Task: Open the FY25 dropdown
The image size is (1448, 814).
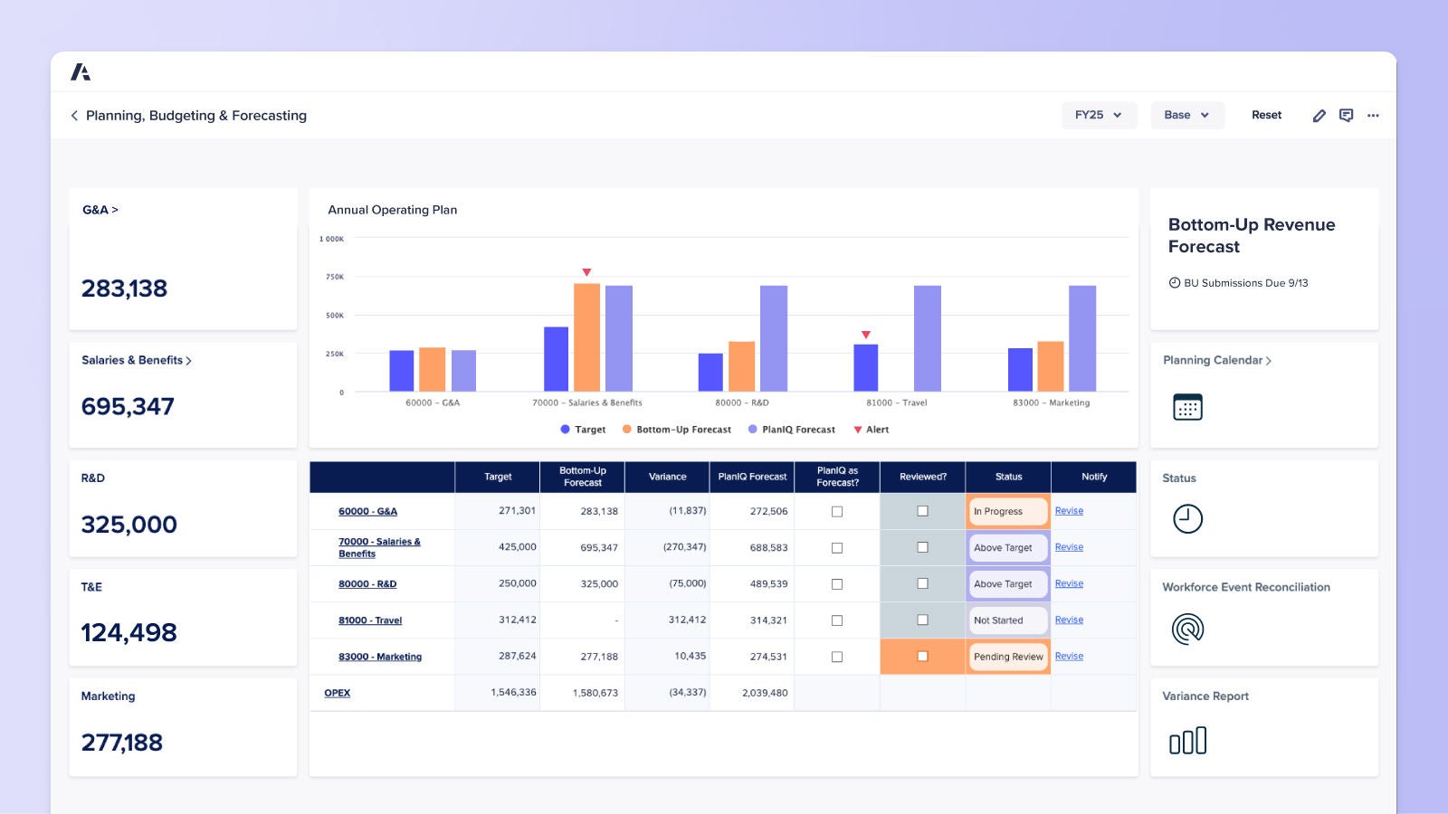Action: point(1098,115)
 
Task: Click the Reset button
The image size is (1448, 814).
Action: point(1266,115)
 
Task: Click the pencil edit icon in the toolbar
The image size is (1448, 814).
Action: point(1319,116)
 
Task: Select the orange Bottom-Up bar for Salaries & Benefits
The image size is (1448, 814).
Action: point(586,337)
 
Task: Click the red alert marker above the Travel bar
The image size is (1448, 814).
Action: point(865,335)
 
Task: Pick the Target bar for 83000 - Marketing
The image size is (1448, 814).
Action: point(1020,370)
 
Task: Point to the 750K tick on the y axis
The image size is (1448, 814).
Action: point(335,277)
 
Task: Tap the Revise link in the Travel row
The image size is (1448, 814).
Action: point(1069,620)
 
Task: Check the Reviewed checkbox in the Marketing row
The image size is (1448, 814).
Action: point(922,657)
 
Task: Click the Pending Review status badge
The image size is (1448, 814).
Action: point(1008,657)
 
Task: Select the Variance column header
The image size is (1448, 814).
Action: point(667,477)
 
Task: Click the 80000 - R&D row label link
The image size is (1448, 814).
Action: point(367,584)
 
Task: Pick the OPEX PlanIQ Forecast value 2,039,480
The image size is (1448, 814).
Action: point(765,693)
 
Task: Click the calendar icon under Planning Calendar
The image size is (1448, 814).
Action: point(1187,407)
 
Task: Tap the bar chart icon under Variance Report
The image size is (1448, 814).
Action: point(1187,741)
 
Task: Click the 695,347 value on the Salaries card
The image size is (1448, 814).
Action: point(128,407)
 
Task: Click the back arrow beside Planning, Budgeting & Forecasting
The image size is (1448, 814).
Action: point(74,116)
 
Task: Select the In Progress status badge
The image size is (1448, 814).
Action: point(1007,511)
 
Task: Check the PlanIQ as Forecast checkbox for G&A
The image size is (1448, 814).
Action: point(837,511)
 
